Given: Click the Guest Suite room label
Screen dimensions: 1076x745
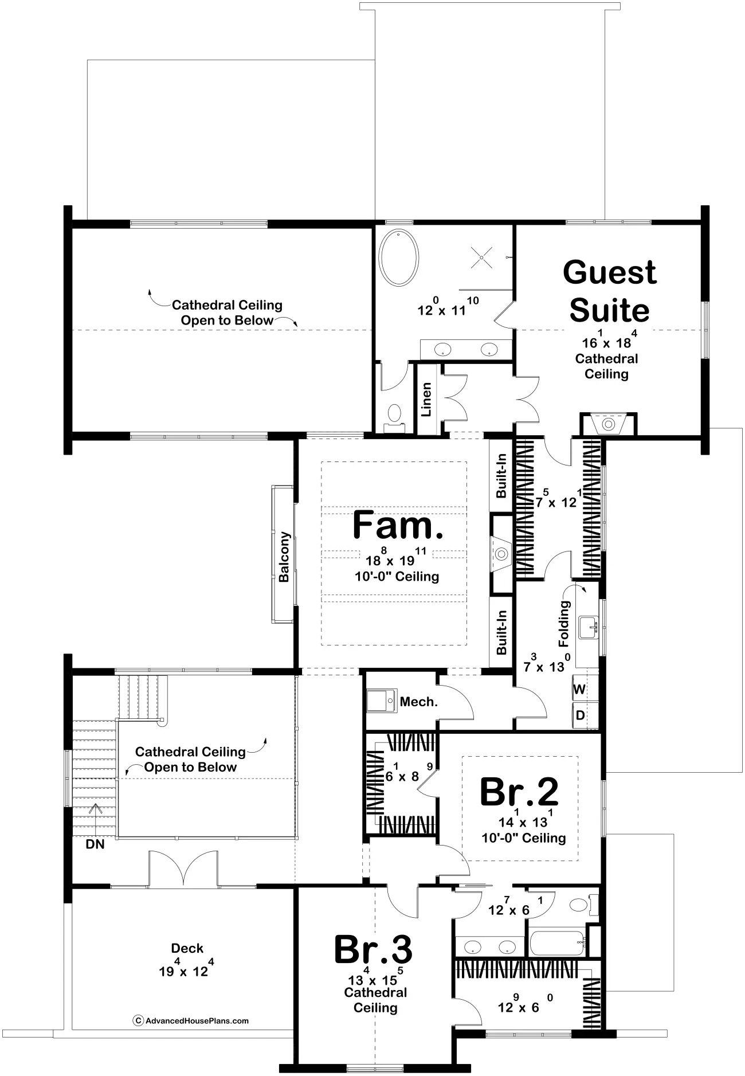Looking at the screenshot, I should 609,291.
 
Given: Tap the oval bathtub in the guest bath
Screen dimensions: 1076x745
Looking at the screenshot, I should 400,257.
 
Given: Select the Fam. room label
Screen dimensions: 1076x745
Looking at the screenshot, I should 397,525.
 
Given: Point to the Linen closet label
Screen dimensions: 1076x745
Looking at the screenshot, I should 426,399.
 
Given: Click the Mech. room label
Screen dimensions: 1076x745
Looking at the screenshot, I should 418,702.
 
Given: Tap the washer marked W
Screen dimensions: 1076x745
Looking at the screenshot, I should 579,689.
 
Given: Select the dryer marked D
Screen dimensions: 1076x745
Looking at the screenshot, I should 580,715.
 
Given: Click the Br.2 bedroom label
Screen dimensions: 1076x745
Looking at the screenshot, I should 519,792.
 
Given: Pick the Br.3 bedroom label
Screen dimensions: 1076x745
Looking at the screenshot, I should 373,949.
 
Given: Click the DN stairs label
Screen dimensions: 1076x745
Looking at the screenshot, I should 95,844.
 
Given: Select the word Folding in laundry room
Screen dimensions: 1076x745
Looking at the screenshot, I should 564,624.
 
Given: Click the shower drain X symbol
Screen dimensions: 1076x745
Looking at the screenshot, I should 481,257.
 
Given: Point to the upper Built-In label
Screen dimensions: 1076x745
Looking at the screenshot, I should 501,476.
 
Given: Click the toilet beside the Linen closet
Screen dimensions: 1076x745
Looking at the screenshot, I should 394,414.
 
